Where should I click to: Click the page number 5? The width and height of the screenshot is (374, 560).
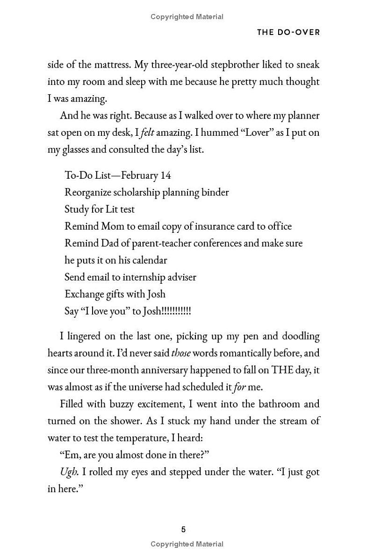[183, 529]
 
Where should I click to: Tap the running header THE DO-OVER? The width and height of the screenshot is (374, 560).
[288, 33]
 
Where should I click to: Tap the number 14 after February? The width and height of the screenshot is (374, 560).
[165, 175]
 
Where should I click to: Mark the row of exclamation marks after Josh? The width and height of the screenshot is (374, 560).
[176, 311]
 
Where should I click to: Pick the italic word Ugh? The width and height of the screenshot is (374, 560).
[68, 472]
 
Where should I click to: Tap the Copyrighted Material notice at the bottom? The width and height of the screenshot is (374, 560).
[187, 544]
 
